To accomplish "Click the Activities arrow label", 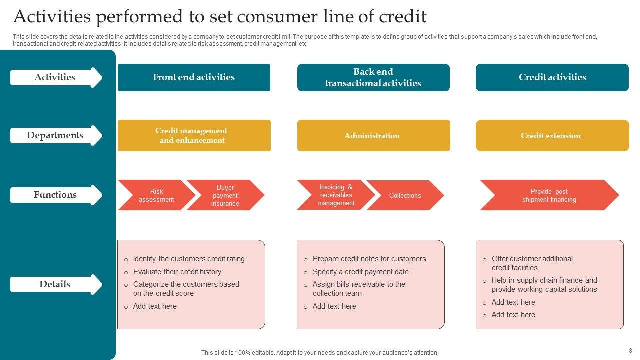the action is coord(55,77).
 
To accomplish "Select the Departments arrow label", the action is coord(55,135).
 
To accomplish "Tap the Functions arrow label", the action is coord(55,195).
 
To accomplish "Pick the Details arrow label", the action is coord(55,284).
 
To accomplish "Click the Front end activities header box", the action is coord(194,77).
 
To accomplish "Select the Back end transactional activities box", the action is coord(373,77).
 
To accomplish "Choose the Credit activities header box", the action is coord(552,77).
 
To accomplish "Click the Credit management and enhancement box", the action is coord(194,135).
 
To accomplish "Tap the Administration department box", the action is coord(373,135).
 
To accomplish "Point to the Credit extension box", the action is coord(552,135).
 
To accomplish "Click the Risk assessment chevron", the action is coord(156,195).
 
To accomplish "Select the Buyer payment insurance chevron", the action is coord(225,195).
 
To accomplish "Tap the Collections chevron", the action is coord(405,195).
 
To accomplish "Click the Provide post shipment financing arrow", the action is coord(549,195).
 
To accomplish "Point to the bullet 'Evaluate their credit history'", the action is coord(177,272).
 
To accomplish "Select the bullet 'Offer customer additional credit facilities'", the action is coord(532,263).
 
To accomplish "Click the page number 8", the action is coord(630,351).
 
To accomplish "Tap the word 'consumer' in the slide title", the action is coord(268,17).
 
